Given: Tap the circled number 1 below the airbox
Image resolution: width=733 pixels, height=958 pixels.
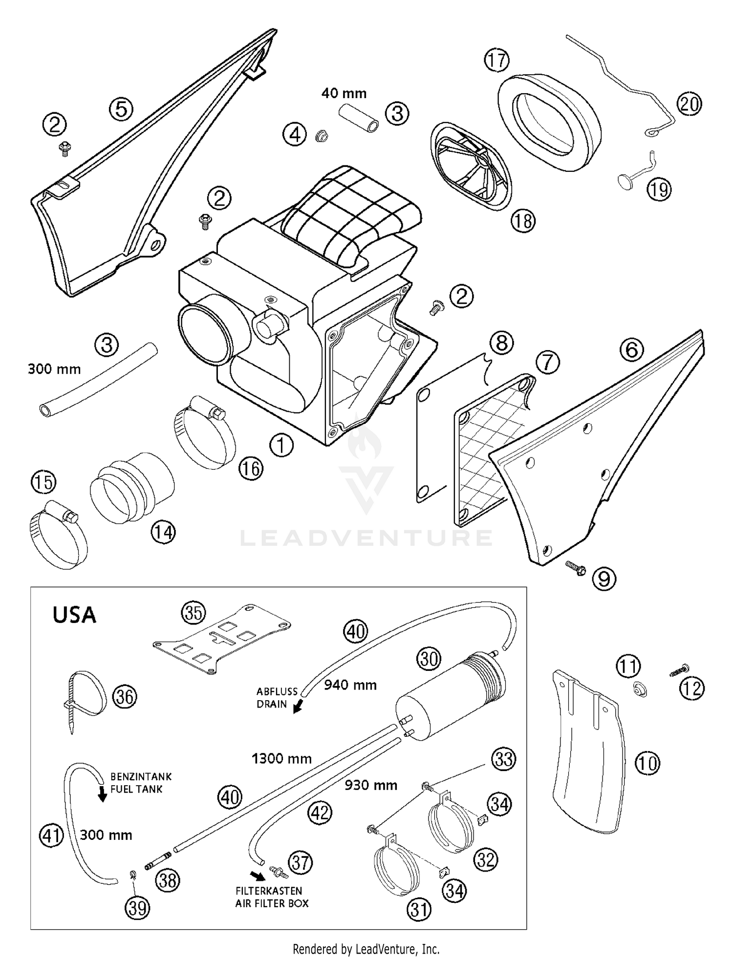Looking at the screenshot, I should click(281, 445).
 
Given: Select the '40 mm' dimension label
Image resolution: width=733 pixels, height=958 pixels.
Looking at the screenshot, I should click(344, 93).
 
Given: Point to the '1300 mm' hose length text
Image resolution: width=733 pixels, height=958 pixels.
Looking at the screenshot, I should click(281, 758).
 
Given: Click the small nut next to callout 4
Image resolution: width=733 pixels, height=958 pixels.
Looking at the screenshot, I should click(321, 135).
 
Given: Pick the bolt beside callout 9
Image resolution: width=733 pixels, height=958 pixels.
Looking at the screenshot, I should click(576, 568).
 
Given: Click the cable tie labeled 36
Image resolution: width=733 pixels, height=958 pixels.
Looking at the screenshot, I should click(86, 696).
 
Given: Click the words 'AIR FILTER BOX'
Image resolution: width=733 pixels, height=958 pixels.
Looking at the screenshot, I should click(272, 903).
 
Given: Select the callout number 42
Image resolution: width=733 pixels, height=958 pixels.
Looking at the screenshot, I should click(320, 813).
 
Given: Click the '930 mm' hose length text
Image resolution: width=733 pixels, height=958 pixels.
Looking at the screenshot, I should click(370, 785).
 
